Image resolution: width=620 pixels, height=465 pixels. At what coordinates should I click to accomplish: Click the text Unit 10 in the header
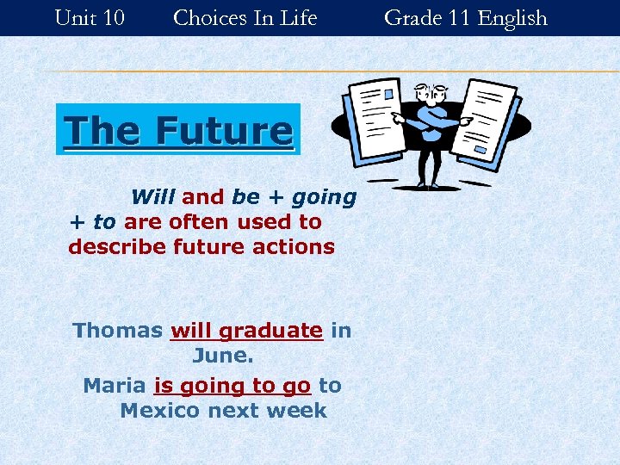pyautogui.click(x=89, y=17)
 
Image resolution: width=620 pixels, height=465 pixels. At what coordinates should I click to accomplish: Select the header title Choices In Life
pyautogui.click(x=245, y=17)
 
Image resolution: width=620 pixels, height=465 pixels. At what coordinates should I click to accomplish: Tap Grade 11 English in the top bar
pyautogui.click(x=465, y=17)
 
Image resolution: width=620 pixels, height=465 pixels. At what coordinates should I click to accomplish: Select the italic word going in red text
pyautogui.click(x=324, y=197)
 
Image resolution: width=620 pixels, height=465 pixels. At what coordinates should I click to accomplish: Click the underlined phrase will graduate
pyautogui.click(x=246, y=331)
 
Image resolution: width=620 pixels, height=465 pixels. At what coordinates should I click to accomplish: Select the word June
pyautogui.click(x=222, y=356)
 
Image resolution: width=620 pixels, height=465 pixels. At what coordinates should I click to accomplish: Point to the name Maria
pyautogui.click(x=115, y=386)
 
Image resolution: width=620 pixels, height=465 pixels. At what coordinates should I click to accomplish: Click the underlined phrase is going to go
pyautogui.click(x=232, y=386)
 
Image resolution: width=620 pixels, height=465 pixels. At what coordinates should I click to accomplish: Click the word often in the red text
pyautogui.click(x=204, y=222)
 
